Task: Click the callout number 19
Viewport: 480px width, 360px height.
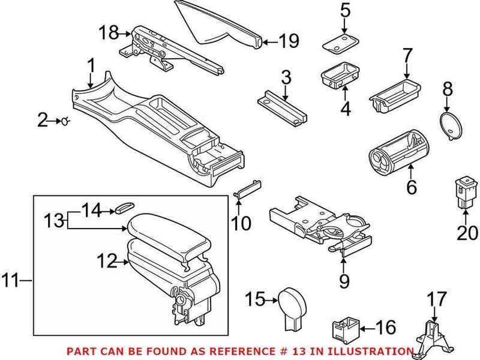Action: click(x=289, y=41)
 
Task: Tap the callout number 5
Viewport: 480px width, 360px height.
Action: click(x=344, y=10)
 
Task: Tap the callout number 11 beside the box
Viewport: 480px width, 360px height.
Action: click(x=12, y=280)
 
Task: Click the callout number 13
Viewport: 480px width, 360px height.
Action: click(x=53, y=220)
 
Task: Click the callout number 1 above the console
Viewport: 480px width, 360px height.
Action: click(x=91, y=64)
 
